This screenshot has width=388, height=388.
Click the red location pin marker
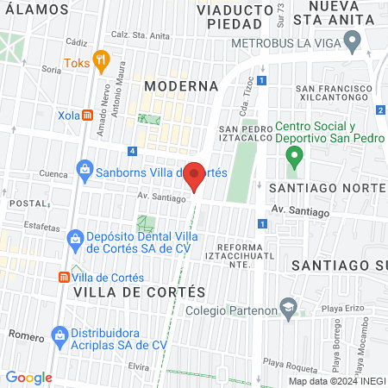point(195,175)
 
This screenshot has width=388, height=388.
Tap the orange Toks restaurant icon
point(102,61)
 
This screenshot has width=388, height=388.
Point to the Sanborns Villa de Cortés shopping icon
point(84,168)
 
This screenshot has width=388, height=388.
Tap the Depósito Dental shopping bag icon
point(78,236)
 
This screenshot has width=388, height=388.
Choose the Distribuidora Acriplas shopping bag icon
point(59,335)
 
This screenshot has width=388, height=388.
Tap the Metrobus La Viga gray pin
point(351,40)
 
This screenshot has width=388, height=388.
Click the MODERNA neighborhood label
point(181,86)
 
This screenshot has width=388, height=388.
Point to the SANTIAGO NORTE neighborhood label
point(324,187)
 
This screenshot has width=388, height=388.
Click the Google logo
point(29,377)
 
